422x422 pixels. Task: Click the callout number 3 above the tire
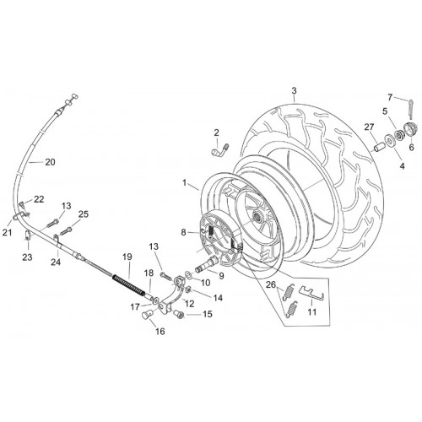(294, 91)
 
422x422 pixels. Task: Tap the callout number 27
(369, 127)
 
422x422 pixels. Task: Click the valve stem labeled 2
(219, 150)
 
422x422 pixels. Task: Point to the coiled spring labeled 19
(128, 284)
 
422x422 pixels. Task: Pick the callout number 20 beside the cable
(50, 162)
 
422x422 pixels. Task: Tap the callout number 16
(160, 332)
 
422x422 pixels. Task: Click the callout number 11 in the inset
(312, 311)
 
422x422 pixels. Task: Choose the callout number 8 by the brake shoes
(183, 232)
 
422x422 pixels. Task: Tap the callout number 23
(27, 257)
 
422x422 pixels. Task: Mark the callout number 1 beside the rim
(184, 183)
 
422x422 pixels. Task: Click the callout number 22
(39, 199)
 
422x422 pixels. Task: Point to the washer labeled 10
(188, 274)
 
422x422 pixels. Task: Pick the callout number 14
(218, 298)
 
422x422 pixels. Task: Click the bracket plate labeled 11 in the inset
(311, 294)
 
